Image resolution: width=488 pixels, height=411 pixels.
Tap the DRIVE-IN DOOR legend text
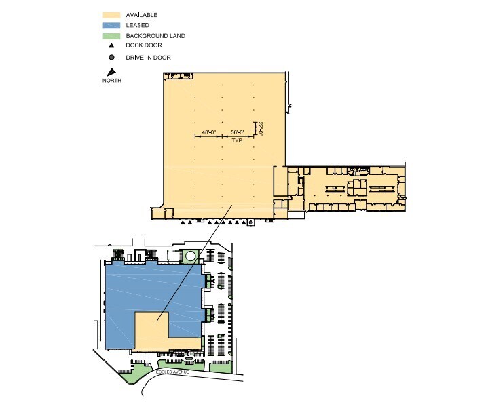click(148, 58)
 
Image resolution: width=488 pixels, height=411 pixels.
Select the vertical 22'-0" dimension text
click(259, 128)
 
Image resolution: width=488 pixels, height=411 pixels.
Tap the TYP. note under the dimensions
click(237, 140)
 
